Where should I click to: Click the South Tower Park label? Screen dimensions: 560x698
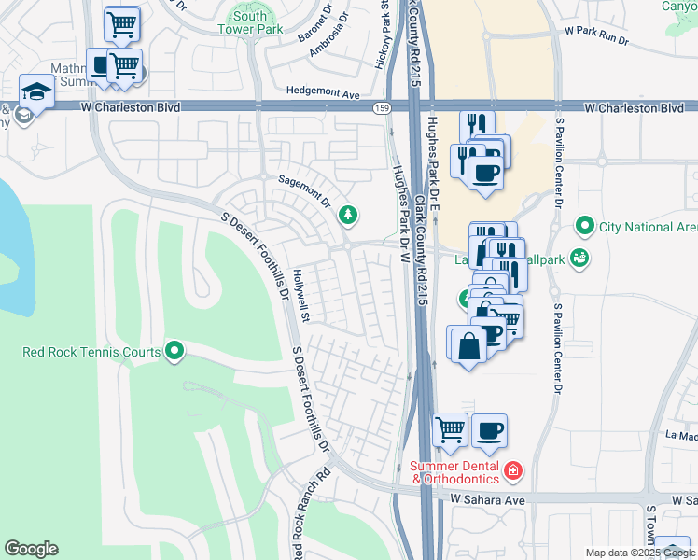tap(249, 22)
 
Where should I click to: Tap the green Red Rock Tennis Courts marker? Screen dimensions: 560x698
tap(174, 351)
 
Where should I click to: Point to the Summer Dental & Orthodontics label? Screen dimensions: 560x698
tap(455, 472)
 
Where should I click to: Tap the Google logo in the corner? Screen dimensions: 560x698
tap(31, 549)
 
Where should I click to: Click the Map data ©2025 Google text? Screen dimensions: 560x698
tap(640, 553)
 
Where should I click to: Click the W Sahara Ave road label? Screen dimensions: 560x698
tap(484, 500)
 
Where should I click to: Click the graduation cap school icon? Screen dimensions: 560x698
tap(36, 91)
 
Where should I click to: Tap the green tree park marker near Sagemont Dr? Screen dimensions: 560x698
tap(348, 216)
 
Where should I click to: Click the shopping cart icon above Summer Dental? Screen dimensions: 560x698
tap(450, 430)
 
